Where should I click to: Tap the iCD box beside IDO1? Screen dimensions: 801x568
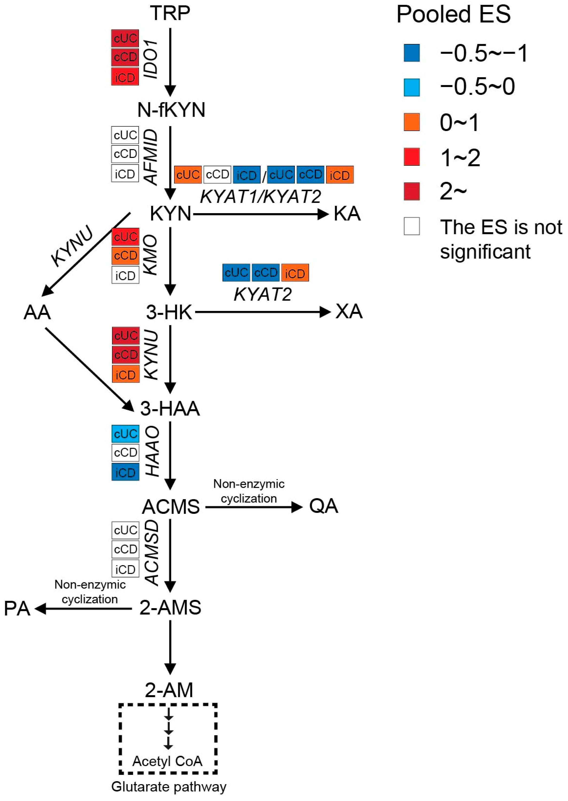[125, 77]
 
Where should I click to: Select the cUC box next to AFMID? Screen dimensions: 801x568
[125, 135]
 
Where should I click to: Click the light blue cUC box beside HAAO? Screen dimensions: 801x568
[125, 434]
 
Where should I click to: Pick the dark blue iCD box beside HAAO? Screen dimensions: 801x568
[125, 472]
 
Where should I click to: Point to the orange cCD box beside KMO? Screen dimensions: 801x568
[125, 255]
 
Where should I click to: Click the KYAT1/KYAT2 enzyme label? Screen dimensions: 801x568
[260, 196]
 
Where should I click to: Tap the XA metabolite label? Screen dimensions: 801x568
[349, 311]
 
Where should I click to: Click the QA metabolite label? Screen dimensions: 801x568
[324, 506]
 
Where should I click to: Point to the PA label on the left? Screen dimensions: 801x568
[17, 609]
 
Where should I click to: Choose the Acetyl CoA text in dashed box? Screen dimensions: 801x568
[167, 761]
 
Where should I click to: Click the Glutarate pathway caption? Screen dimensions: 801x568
[169, 787]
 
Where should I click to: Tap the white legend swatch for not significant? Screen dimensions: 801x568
[412, 226]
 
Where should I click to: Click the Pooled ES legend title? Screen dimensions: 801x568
[453, 15]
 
